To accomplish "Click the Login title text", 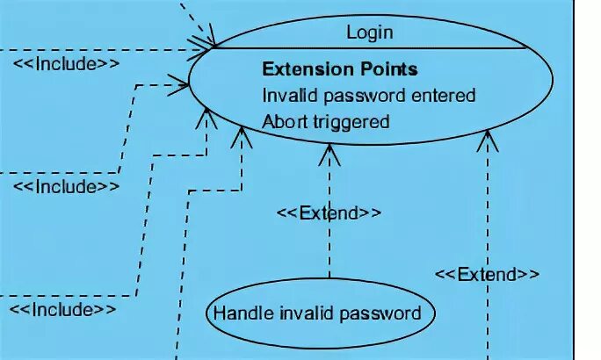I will tap(369, 33).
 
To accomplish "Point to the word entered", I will tap(444, 95).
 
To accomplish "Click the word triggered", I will tap(349, 122).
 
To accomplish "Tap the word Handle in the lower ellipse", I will tap(239, 313).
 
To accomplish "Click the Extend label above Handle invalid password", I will tap(329, 212).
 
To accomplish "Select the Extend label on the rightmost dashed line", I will tap(487, 274).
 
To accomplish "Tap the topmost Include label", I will tap(66, 63).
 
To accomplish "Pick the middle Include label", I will tap(65, 186).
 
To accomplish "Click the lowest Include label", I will tap(62, 309).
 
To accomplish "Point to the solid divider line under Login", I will tap(369, 48).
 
